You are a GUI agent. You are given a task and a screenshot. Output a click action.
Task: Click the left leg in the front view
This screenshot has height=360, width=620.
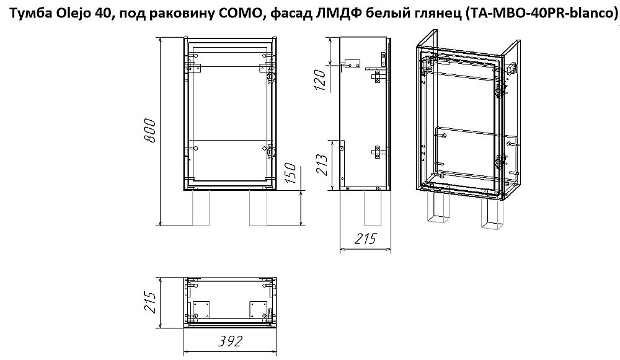point(201,207)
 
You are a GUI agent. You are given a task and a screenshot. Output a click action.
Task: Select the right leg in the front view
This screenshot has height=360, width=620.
point(259,207)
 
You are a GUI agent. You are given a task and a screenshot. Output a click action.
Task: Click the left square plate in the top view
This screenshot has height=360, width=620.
point(201,310)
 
